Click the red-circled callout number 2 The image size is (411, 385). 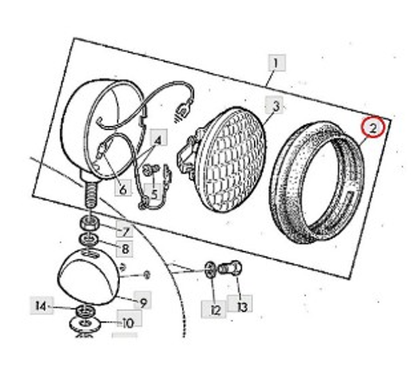[372, 128]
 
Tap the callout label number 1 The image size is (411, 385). [277, 63]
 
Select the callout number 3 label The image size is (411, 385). [274, 105]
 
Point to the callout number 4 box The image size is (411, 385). [159, 137]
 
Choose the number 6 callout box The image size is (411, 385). [123, 187]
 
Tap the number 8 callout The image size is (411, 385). [124, 248]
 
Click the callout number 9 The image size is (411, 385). [143, 300]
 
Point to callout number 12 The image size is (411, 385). [214, 309]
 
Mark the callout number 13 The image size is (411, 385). [240, 304]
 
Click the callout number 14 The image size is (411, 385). [41, 305]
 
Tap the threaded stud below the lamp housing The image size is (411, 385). [90, 194]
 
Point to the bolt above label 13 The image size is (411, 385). [230, 268]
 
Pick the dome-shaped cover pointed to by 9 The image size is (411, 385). [89, 277]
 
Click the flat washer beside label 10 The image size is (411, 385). [85, 324]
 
